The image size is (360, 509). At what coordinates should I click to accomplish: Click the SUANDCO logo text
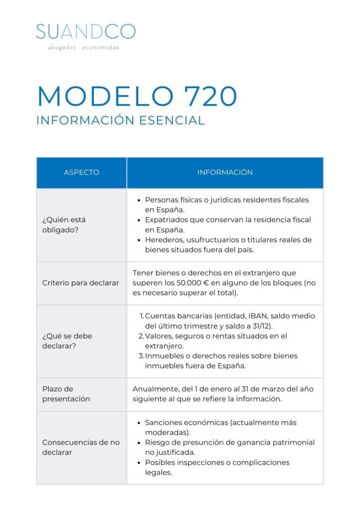coord(86,31)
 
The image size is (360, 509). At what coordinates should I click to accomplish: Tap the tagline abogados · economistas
coord(84,48)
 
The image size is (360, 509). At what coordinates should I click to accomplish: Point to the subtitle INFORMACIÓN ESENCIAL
coord(120,121)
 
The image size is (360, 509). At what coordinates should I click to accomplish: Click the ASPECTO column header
coord(82,172)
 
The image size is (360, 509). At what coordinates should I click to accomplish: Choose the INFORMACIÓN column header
coord(225,172)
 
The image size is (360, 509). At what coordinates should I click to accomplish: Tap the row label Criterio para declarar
coord(81,283)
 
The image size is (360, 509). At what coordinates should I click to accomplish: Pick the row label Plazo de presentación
coord(66,394)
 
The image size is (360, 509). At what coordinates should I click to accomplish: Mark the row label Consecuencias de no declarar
coord(81,447)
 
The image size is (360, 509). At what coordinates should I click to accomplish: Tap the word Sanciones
coord(165,423)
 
